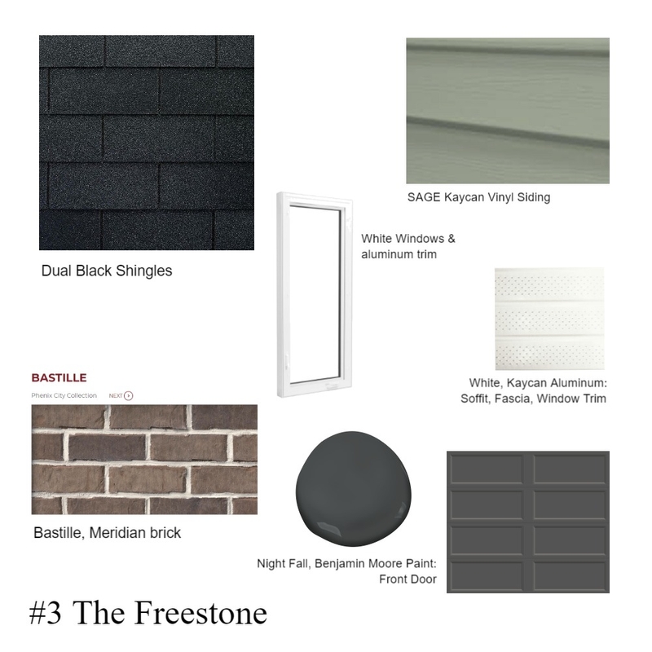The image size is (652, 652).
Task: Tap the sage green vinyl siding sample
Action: [507, 110]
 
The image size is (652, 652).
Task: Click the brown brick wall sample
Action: [144, 460]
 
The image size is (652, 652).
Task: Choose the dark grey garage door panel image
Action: [528, 522]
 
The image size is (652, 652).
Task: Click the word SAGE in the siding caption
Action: [423, 197]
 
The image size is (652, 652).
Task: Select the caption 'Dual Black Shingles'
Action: [107, 271]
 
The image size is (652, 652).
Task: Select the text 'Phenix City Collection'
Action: [64, 395]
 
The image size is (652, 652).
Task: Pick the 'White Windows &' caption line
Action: [408, 240]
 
